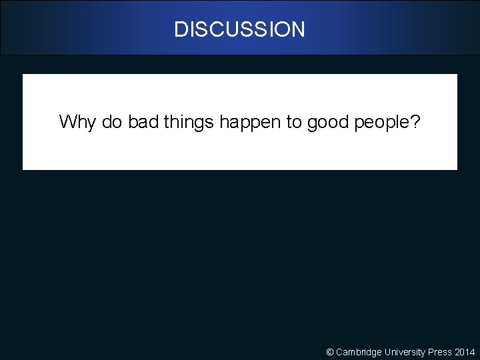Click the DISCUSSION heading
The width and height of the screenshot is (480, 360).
pos(239,29)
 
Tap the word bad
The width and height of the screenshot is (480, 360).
pos(142,122)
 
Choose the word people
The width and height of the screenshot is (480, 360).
pos(383,122)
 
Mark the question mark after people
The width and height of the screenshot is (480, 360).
pos(417,122)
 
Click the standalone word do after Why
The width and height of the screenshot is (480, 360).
pos(112,122)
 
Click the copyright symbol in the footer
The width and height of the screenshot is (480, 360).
pos(329,352)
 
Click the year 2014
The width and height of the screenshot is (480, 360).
pos(465,352)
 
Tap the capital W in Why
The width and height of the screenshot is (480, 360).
pos(67,122)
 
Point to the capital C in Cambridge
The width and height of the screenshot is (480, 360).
pos(339,352)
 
